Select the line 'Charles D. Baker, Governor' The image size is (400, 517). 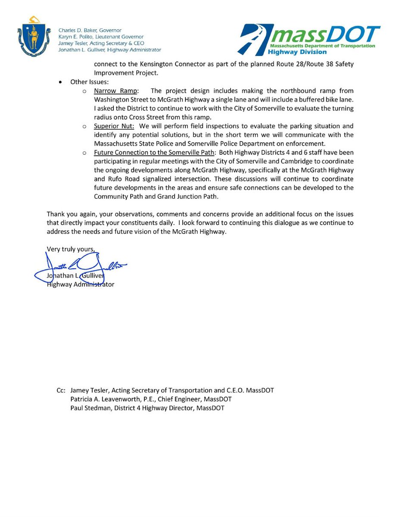(x=90, y=30)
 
